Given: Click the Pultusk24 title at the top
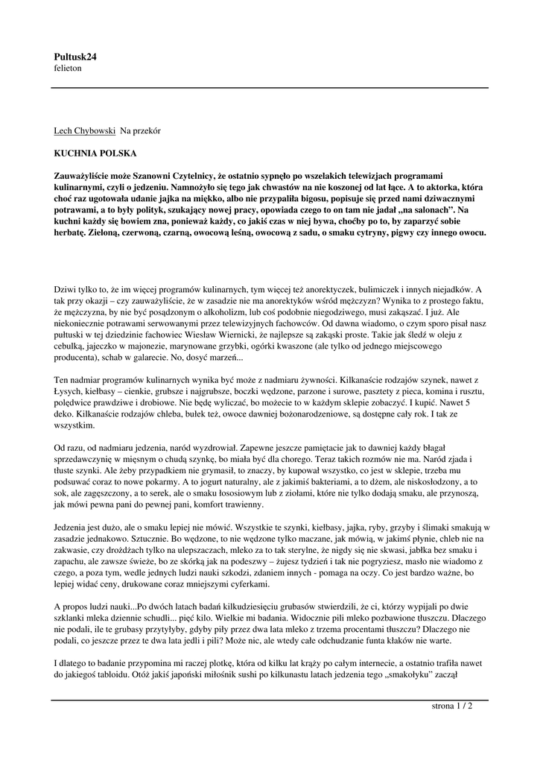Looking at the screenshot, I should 75,56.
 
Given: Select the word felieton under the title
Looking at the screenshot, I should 68,68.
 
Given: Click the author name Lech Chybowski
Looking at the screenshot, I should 85,130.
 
